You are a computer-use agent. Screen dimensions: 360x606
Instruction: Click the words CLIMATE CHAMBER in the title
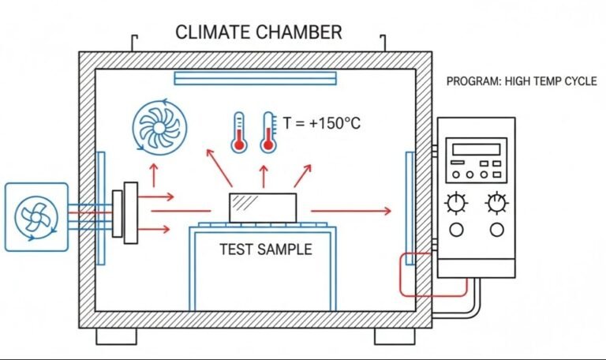click(x=259, y=32)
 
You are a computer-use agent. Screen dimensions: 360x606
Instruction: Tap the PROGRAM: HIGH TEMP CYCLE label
click(x=522, y=81)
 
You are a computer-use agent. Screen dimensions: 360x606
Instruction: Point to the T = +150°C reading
click(x=321, y=124)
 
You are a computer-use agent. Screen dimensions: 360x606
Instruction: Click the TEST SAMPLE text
click(x=265, y=249)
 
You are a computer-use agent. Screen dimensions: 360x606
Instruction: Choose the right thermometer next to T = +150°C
click(x=268, y=132)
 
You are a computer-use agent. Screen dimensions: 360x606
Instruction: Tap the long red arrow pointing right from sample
click(x=350, y=211)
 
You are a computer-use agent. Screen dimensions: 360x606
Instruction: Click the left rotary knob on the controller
click(x=456, y=203)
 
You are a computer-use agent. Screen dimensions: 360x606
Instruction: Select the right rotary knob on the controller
click(x=496, y=203)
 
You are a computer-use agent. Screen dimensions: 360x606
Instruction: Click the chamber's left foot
click(x=116, y=336)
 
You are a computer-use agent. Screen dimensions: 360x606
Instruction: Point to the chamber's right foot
click(x=394, y=336)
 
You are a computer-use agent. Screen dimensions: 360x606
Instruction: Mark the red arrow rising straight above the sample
click(x=264, y=175)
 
